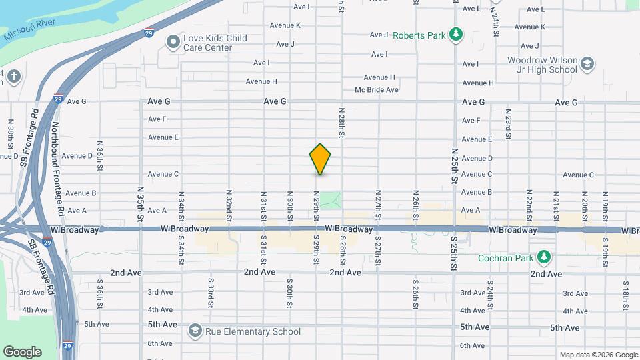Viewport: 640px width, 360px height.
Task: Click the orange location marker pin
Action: [x=320, y=159]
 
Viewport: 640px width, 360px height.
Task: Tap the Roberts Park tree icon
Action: [x=456, y=34]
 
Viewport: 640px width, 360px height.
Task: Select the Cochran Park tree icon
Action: [x=545, y=257]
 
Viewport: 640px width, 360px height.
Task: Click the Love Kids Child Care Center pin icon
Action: [x=173, y=43]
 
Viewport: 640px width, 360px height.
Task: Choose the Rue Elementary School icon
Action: [x=195, y=331]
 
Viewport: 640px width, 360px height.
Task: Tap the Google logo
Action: [x=23, y=351]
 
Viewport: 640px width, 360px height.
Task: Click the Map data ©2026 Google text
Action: [x=597, y=354]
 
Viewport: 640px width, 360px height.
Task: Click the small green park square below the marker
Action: [x=331, y=199]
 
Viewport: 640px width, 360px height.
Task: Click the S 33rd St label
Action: [x=210, y=293]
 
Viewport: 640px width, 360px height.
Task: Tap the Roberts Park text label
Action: [x=418, y=34]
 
